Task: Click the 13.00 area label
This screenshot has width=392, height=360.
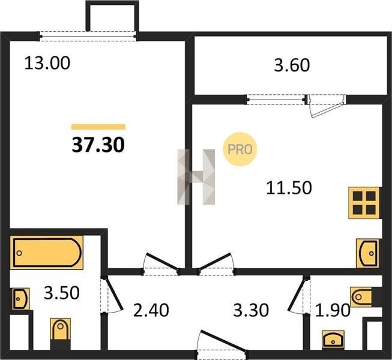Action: [47, 63]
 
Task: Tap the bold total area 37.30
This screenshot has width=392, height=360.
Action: [98, 145]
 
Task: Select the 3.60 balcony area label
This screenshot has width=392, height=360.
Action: [292, 65]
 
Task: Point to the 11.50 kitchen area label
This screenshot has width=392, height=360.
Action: [289, 188]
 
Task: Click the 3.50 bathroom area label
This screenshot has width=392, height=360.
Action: [62, 293]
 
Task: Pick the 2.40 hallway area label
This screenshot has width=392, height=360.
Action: [151, 310]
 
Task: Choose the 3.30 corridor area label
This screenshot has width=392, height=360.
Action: [251, 310]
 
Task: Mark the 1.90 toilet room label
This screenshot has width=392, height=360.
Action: [333, 310]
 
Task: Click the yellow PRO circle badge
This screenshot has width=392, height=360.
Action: [240, 149]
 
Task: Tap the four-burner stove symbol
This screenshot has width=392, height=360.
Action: [364, 203]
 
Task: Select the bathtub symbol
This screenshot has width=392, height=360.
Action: [46, 253]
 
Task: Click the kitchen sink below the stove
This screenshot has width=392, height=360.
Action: [367, 253]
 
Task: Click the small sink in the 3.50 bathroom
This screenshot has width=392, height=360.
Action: [21, 299]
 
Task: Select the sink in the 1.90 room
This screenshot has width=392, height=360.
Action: [333, 339]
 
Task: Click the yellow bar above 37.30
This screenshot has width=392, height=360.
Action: [98, 127]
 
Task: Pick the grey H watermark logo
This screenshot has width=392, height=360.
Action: [196, 177]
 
